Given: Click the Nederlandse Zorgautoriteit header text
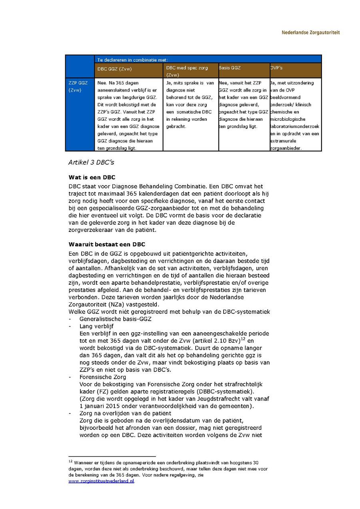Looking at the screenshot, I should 310,32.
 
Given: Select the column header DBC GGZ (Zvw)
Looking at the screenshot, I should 114,69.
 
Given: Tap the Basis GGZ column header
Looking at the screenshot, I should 230,68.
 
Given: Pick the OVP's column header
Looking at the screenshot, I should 276,68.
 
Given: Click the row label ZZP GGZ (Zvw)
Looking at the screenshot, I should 78,86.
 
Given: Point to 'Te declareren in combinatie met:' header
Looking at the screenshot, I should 132,60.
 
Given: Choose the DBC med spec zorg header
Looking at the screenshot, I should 187,70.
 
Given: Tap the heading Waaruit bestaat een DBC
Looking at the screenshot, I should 107,244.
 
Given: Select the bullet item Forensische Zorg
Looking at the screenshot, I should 103,377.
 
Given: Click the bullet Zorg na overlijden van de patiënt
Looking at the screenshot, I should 125,413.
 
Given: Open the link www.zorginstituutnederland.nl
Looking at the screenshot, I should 101,481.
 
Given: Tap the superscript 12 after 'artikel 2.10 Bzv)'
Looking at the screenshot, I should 242,339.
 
